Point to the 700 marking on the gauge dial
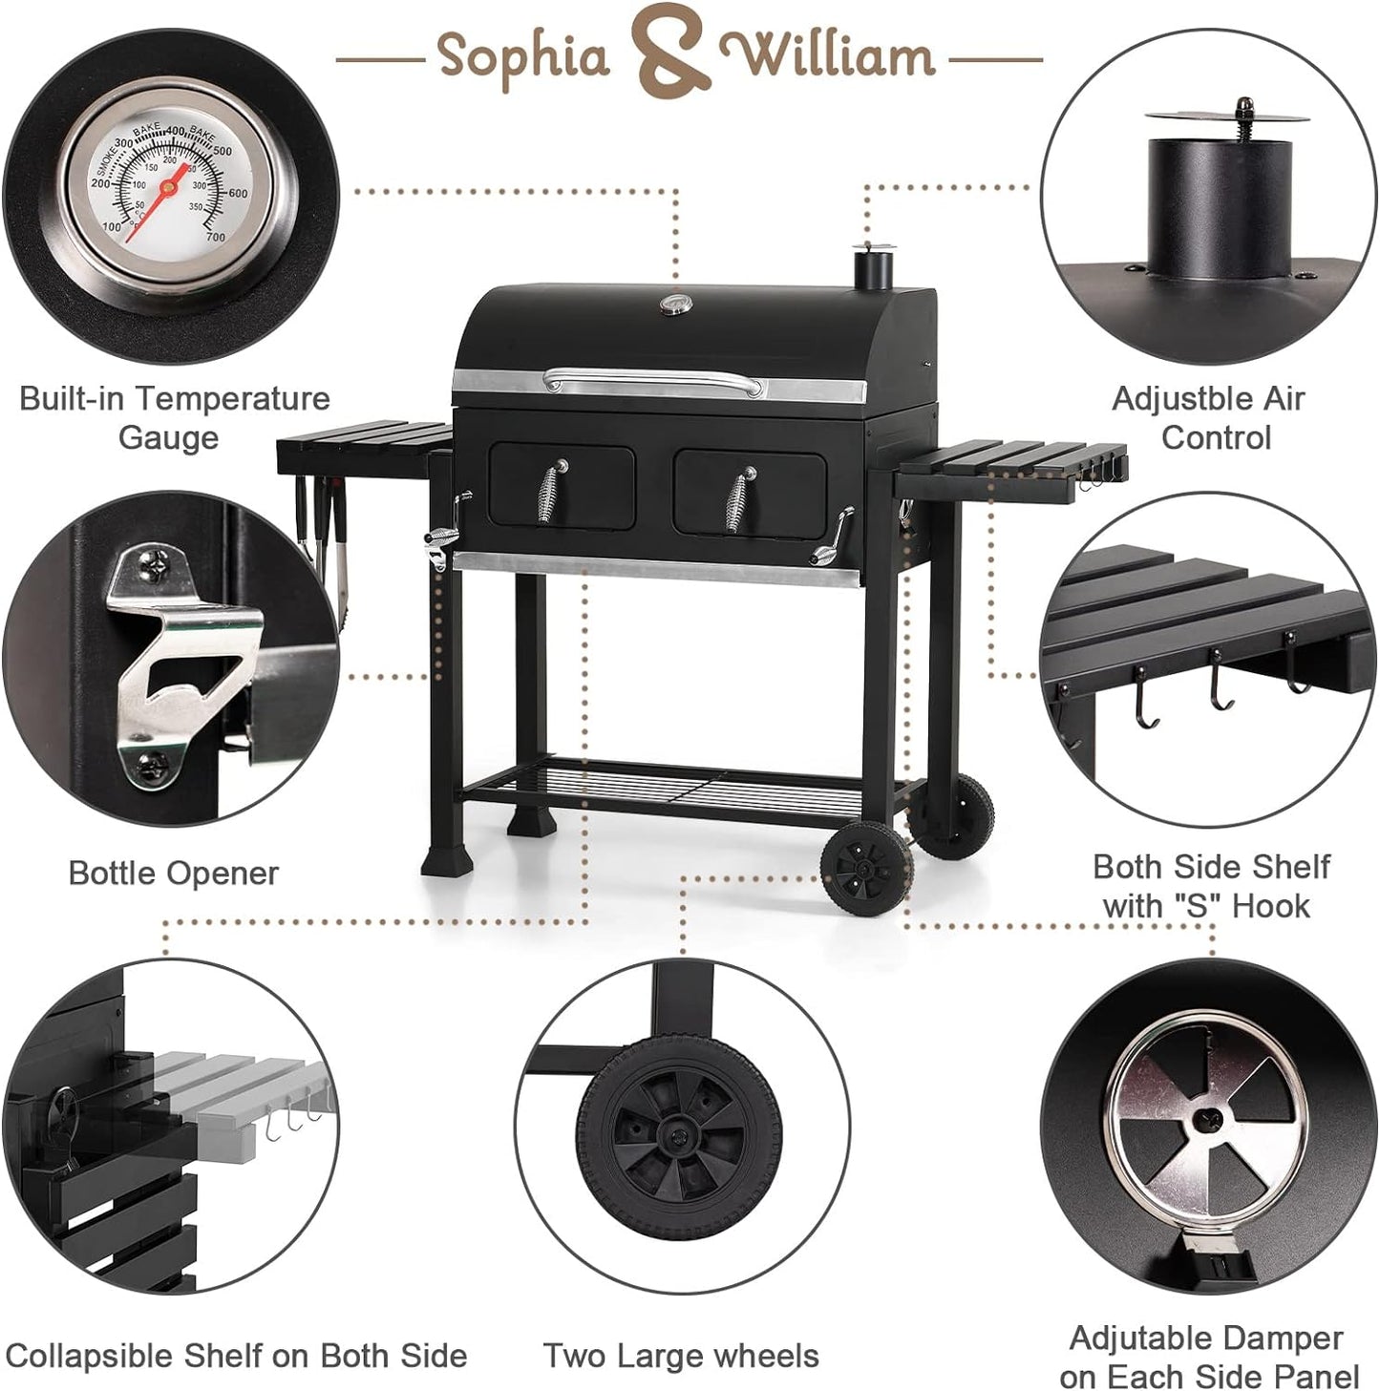point(215,237)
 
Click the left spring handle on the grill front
point(552,492)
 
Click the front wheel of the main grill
point(865,868)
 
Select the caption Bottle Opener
point(173,873)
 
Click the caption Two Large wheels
point(681,1356)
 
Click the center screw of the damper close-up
point(1208,1115)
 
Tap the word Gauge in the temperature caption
point(168,438)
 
